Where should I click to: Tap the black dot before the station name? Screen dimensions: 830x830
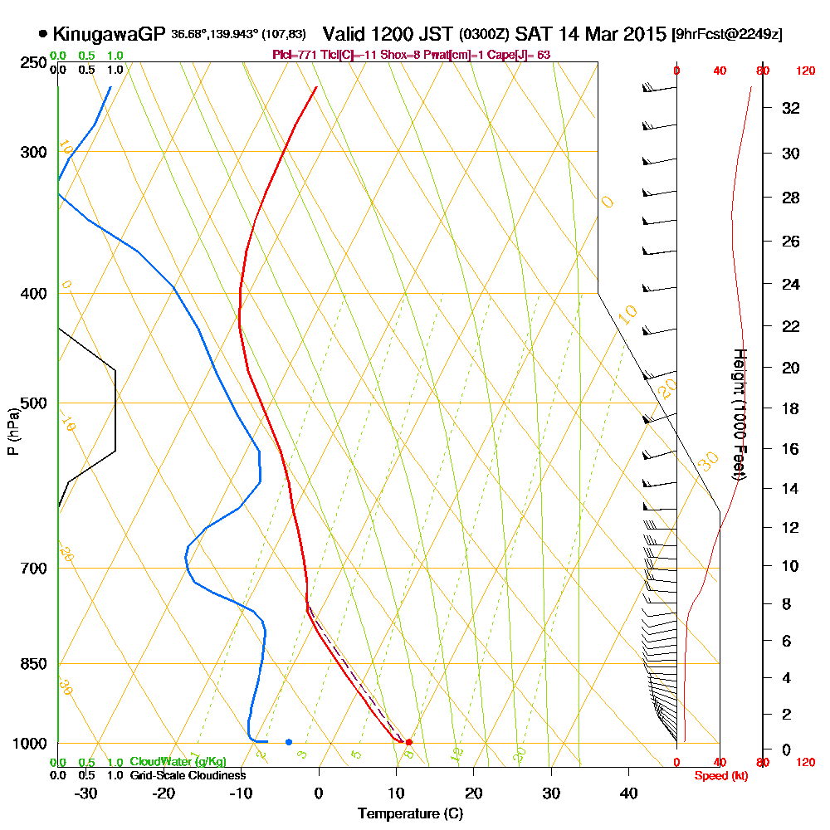click(x=42, y=34)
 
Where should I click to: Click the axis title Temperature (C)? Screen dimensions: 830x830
click(x=410, y=813)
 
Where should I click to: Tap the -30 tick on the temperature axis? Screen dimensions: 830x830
click(x=85, y=793)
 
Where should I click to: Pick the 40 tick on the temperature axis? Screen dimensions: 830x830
click(x=628, y=793)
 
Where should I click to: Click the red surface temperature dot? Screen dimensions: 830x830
click(x=408, y=741)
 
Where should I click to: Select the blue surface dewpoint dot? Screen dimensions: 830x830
click(x=288, y=741)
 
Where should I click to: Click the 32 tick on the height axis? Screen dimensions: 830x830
click(x=791, y=108)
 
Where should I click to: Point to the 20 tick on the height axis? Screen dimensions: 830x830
click(x=791, y=368)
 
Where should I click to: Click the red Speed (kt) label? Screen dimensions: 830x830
click(x=718, y=775)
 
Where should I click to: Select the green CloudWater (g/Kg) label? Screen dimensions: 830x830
click(x=178, y=762)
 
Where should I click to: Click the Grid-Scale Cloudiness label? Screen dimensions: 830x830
click(x=188, y=775)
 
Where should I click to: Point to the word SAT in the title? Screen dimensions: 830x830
click(x=530, y=34)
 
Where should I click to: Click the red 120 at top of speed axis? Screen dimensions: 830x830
click(x=804, y=71)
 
